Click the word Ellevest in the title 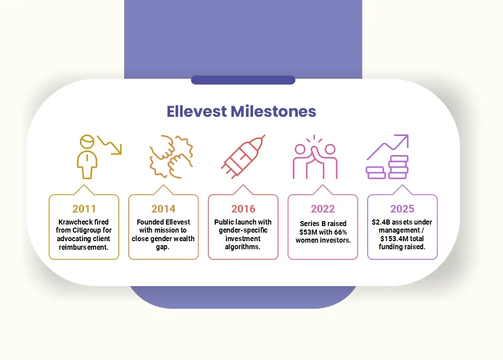tap(197, 111)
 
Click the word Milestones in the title tap(273, 111)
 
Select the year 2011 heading tap(84, 209)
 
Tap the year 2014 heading tap(163, 209)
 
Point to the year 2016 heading tap(243, 209)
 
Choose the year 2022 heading tap(323, 209)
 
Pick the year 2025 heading tap(402, 209)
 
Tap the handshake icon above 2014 tap(171, 157)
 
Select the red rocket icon tap(243, 157)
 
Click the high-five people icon tap(315, 157)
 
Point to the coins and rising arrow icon tap(387, 157)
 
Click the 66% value tap(341, 232)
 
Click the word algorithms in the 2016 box tap(242, 247)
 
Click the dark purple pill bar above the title tap(243, 80)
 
